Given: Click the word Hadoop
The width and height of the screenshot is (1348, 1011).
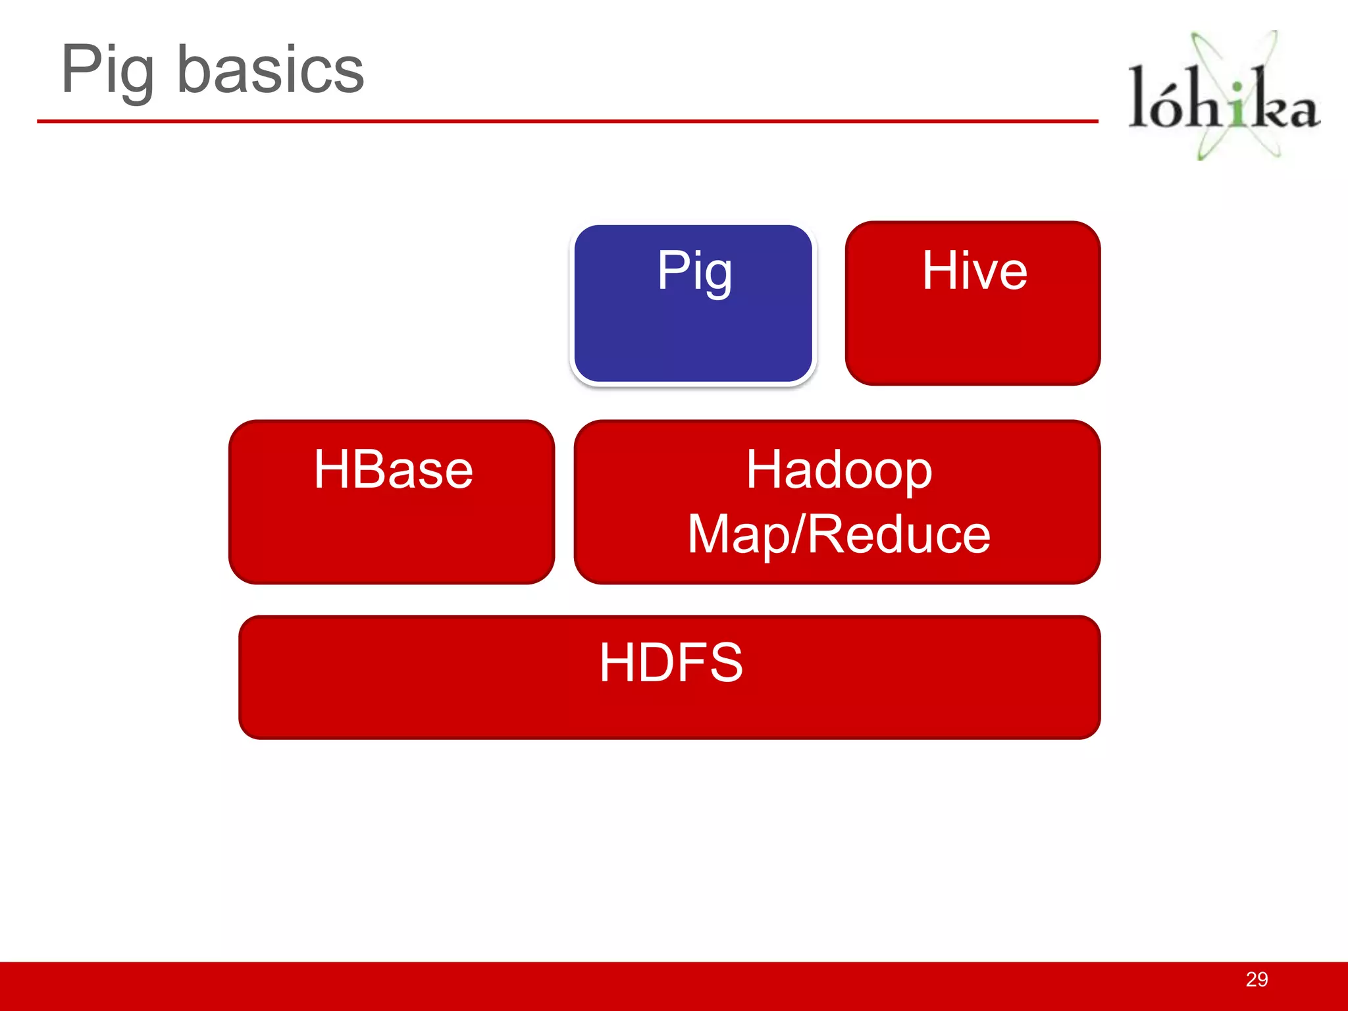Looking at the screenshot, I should pyautogui.click(x=839, y=469).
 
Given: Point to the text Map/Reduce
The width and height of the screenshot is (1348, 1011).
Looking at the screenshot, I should pyautogui.click(x=839, y=534).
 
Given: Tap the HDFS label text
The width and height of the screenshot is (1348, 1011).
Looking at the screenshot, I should pyautogui.click(x=671, y=662).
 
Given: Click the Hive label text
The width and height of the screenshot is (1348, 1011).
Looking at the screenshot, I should pyautogui.click(x=974, y=271).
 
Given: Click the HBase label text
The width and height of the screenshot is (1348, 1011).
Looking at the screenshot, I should pyautogui.click(x=393, y=469).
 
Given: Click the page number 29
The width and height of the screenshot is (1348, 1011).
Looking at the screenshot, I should pyautogui.click(x=1257, y=979).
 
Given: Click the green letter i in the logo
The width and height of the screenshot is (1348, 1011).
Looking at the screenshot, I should pyautogui.click(x=1238, y=105).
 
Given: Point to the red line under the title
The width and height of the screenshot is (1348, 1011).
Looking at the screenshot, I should pyautogui.click(x=566, y=121).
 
